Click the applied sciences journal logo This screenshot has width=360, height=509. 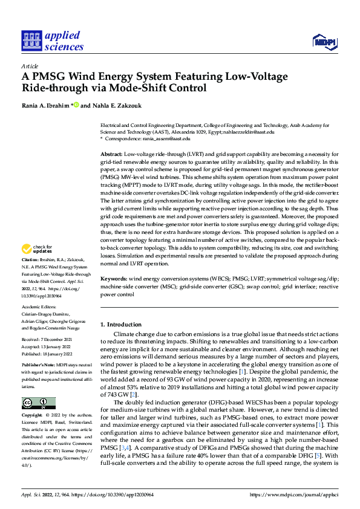click(x=52, y=41)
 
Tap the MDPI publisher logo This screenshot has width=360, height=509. click(x=324, y=41)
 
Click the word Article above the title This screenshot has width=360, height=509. click(x=30, y=66)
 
